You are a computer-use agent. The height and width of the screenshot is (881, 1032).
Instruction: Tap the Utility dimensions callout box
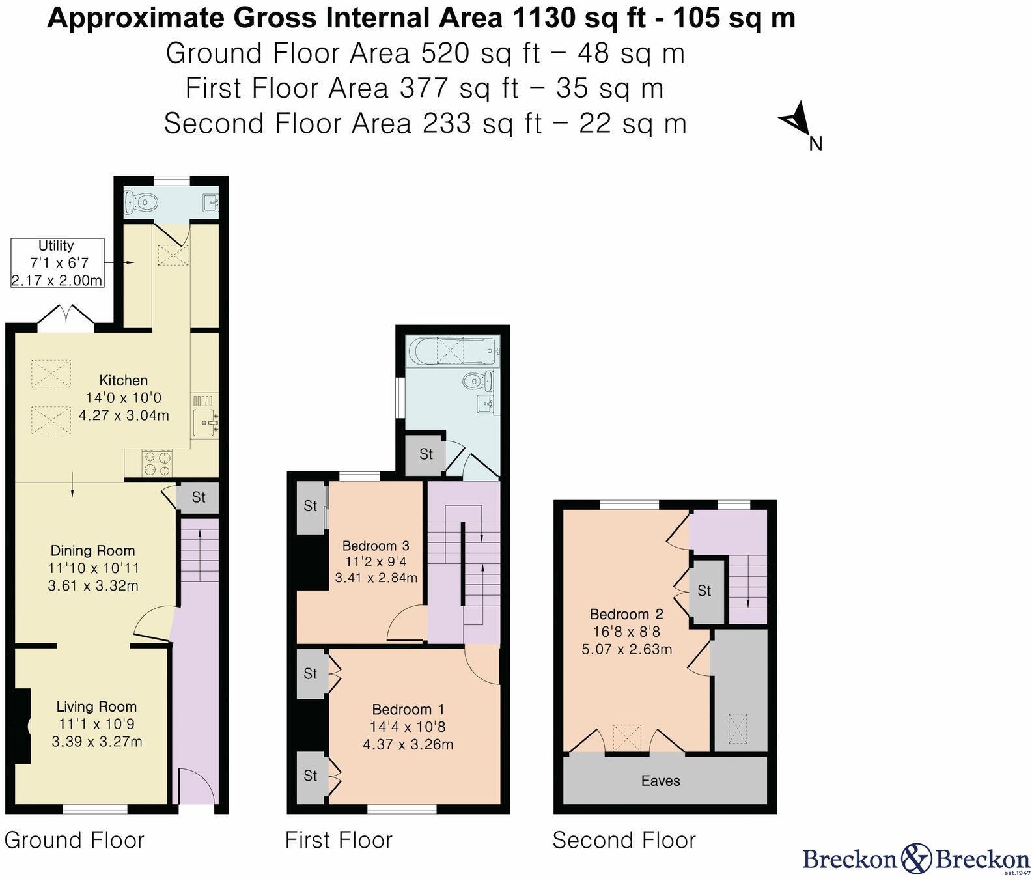pos(57,263)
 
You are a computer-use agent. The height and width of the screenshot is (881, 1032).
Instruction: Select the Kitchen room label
pos(124,380)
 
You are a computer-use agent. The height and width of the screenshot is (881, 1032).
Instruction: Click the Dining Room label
pos(93,551)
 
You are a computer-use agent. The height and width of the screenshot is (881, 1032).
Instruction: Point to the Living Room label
pos(96,706)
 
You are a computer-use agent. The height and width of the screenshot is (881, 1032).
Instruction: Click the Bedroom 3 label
pos(376,546)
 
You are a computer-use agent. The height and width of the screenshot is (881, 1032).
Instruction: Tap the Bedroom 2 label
pos(626,614)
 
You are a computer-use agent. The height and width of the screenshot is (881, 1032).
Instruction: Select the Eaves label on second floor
pos(660,781)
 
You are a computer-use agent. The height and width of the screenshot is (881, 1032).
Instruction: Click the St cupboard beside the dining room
pos(198,497)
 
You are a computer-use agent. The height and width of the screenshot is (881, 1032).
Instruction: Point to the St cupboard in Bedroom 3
pos(311,507)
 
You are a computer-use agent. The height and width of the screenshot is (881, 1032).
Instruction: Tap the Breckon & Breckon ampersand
pos(917,858)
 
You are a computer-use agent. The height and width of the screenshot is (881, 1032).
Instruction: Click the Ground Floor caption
pos(74,841)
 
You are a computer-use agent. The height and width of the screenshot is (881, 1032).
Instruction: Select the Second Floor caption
pos(624,841)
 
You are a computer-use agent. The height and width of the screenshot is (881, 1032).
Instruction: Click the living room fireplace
pos(22,725)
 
